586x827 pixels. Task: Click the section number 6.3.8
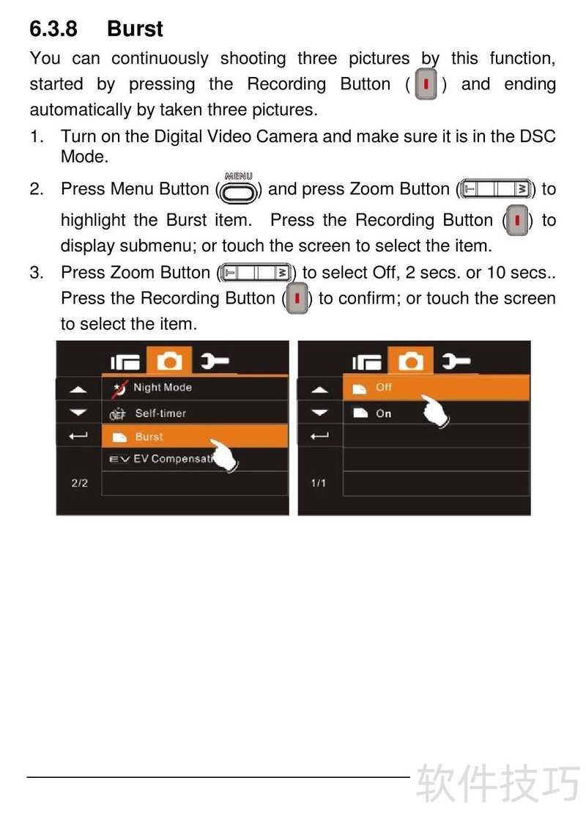(53, 29)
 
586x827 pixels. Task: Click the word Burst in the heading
(135, 29)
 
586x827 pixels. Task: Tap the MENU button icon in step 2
(239, 188)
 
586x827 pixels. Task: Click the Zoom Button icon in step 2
(496, 189)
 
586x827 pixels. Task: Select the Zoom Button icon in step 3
(256, 272)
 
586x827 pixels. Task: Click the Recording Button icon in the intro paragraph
(426, 84)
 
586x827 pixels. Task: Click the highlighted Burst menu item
(194, 436)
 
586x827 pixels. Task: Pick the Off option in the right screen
(436, 388)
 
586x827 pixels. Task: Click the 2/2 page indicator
(80, 482)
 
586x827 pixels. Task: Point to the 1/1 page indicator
(319, 482)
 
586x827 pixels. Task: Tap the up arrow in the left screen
(78, 390)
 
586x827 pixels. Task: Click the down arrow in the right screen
(320, 413)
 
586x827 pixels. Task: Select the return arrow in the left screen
(78, 435)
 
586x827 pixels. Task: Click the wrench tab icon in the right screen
(456, 361)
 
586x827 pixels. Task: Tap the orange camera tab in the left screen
(170, 361)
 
